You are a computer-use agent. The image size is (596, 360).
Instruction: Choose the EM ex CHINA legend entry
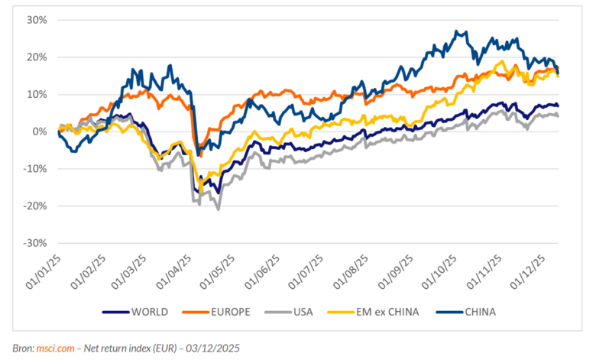click(386, 312)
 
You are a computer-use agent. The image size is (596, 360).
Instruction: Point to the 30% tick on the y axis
click(37, 20)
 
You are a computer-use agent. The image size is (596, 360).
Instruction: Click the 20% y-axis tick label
click(37, 57)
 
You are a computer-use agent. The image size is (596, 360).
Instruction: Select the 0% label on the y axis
click(40, 131)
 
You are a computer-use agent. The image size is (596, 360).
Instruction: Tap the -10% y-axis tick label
click(35, 169)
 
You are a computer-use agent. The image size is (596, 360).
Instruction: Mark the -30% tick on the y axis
click(35, 243)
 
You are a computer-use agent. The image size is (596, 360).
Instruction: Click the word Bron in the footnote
click(21, 348)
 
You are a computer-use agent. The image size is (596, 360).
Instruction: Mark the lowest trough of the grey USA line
click(219, 209)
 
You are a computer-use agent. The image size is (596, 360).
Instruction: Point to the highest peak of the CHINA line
click(457, 32)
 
